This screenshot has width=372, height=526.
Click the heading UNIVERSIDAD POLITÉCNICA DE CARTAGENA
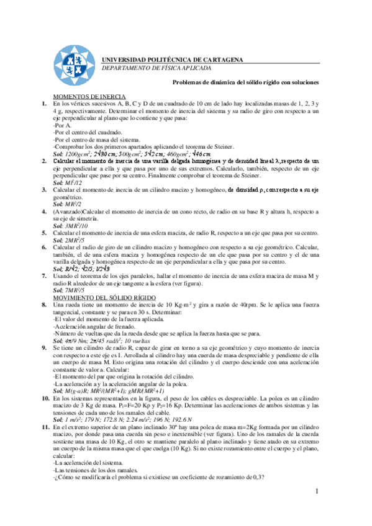pyautogui.click(x=173, y=60)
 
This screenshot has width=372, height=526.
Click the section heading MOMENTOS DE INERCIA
pyautogui.click(x=90, y=97)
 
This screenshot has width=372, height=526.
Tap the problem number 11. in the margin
pyautogui.click(x=45, y=428)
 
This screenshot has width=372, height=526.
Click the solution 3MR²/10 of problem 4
pyautogui.click(x=79, y=225)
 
